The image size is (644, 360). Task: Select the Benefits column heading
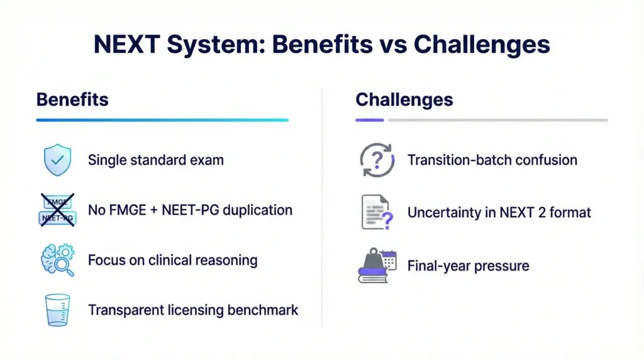72,99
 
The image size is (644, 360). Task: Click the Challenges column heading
404,99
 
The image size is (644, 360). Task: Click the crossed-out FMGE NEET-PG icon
57,210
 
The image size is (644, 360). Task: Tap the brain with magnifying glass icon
57,260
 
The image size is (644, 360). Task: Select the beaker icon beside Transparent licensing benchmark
57,310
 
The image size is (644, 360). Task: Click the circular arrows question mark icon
375,160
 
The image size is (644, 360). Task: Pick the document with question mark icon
377,213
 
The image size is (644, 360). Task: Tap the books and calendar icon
377,265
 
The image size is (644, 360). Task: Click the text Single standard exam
155,160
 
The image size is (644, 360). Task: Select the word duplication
258,210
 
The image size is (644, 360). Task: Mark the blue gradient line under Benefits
162,120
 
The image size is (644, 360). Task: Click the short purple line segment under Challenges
370,120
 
